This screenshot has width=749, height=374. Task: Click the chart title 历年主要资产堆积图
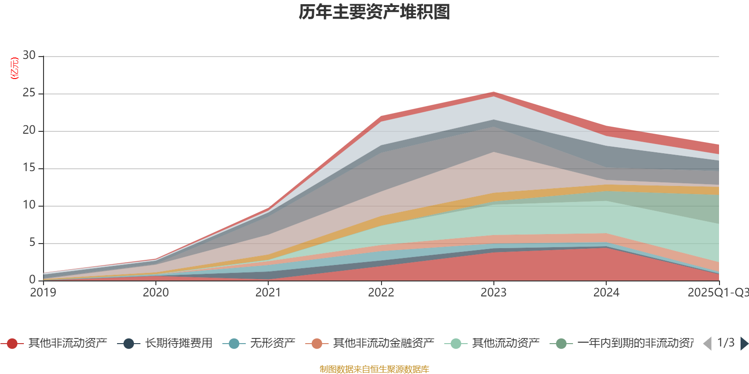click(374, 12)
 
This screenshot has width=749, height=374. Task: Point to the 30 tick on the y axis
click(29, 56)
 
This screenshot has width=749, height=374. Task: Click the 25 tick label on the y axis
click(29, 93)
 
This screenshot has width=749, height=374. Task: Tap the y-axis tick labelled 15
click(29, 168)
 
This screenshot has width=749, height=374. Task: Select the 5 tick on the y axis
click(32, 243)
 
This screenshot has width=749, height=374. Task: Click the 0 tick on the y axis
click(32, 280)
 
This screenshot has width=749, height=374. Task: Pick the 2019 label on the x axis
click(43, 293)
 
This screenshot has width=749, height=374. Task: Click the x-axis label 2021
click(268, 293)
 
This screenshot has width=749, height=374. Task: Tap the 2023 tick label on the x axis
click(493, 293)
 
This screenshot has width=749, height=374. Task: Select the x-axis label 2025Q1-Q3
click(718, 293)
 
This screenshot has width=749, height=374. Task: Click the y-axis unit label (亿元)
click(15, 68)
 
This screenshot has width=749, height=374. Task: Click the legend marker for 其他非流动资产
click(12, 344)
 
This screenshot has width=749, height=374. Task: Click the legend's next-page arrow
click(744, 344)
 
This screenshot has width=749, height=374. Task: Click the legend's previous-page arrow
click(707, 344)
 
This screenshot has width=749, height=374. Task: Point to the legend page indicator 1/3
click(726, 343)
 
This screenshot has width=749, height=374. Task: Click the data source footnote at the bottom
click(374, 369)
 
